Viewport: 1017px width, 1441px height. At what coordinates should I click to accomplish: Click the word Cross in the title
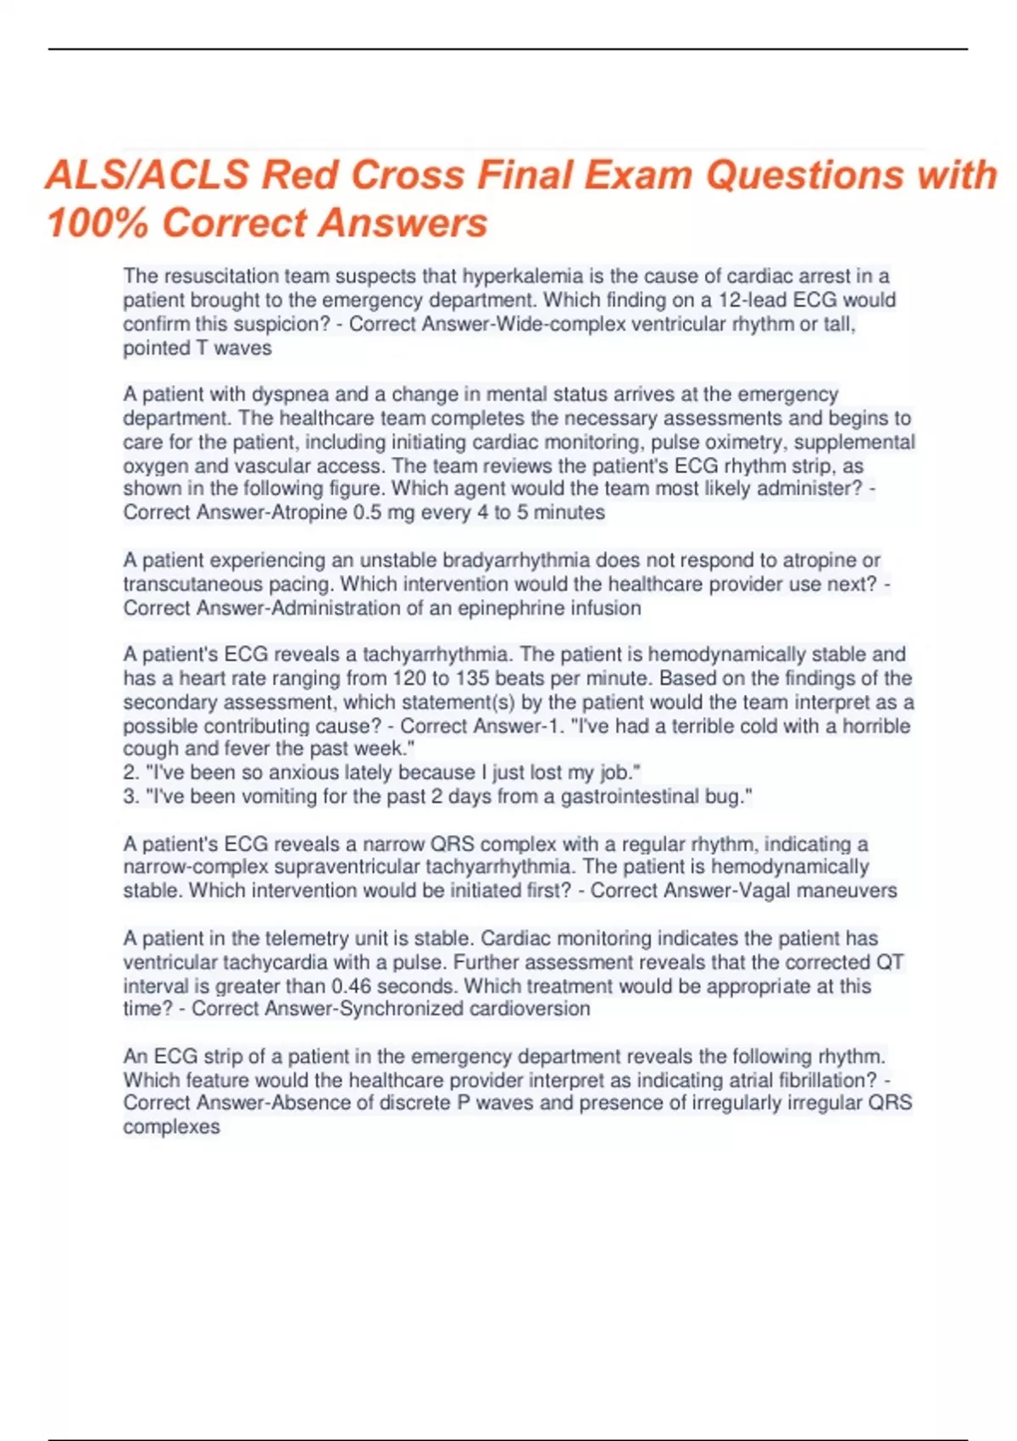(407, 175)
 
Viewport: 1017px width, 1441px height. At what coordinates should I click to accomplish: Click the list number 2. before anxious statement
(131, 772)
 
